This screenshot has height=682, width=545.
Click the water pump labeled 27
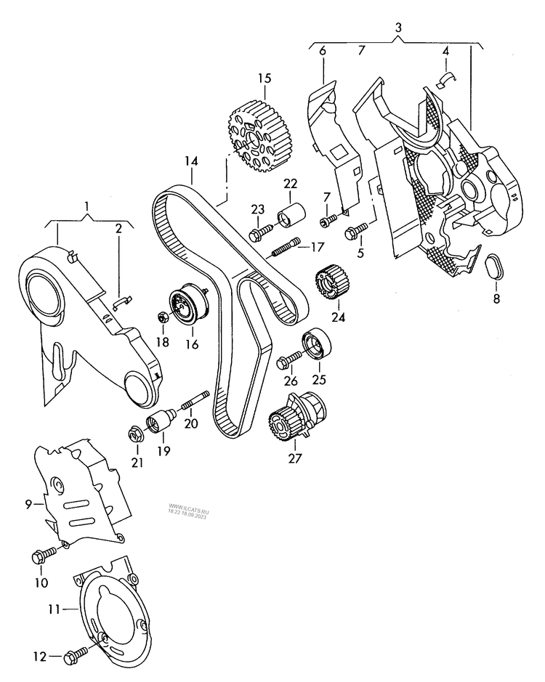(296, 421)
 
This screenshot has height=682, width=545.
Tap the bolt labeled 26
(288, 358)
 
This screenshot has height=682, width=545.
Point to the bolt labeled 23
(259, 235)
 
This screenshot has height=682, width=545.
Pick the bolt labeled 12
(71, 657)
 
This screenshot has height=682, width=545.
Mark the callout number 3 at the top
(398, 28)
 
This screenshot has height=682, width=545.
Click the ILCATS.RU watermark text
(188, 508)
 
